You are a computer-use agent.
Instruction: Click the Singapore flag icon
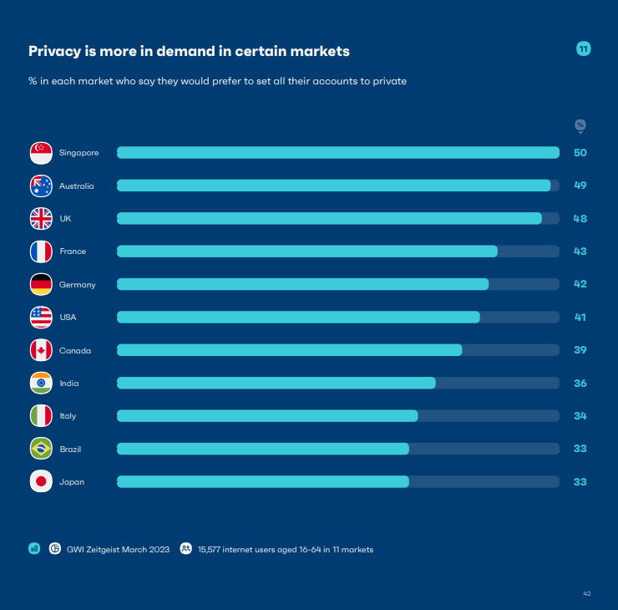(x=41, y=153)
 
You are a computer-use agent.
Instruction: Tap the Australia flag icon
(x=41, y=186)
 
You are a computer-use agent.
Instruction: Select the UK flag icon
(x=41, y=219)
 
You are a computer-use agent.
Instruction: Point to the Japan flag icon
(x=41, y=482)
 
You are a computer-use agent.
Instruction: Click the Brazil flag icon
(x=41, y=449)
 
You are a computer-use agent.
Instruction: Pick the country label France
(x=73, y=252)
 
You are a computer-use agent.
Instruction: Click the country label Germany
(x=77, y=285)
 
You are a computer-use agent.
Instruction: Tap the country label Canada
(x=75, y=351)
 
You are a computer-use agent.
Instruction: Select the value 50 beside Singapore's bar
(x=580, y=153)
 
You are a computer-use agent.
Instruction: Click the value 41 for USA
(x=580, y=318)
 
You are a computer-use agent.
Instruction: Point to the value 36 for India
(x=580, y=384)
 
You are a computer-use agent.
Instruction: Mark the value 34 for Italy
(x=580, y=416)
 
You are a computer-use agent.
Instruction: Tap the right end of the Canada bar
(x=459, y=350)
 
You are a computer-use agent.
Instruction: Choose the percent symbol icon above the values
(x=580, y=125)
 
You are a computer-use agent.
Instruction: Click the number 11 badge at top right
(x=584, y=49)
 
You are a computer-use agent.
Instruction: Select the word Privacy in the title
(x=54, y=52)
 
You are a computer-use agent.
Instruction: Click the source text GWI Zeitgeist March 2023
(x=118, y=549)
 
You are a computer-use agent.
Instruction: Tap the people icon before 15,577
(x=186, y=549)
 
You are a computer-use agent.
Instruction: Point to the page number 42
(x=587, y=593)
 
